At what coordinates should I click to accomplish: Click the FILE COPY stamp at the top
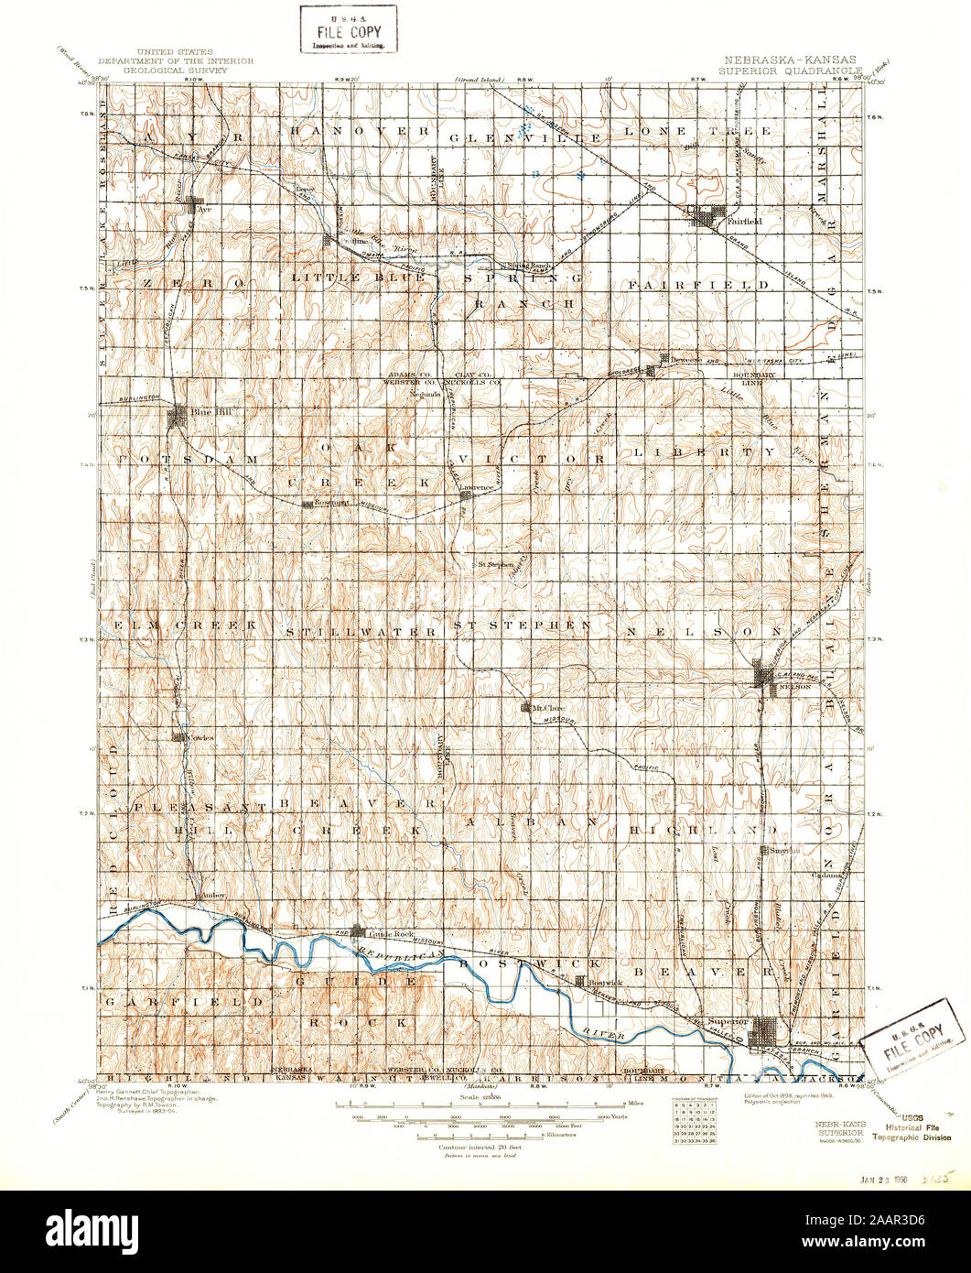[x=349, y=27]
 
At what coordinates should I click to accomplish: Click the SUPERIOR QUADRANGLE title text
[x=790, y=69]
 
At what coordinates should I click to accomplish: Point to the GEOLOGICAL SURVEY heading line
[x=175, y=68]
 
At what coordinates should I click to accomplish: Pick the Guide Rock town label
[x=386, y=932]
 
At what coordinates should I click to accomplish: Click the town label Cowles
[x=200, y=737]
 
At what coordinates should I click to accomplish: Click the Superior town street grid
[x=763, y=1037]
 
